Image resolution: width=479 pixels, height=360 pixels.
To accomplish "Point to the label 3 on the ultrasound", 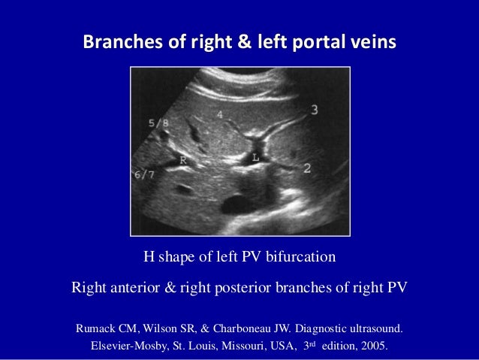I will point(314,110).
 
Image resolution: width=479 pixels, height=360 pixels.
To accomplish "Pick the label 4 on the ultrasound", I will point(219,114).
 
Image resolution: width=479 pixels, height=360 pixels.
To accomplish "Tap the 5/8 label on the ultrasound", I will point(158,123).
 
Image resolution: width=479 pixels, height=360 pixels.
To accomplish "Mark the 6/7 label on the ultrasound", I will point(144,175).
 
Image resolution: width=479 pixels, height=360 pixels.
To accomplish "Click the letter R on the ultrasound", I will point(183,159).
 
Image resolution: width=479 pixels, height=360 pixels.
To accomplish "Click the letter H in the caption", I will point(149,258).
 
